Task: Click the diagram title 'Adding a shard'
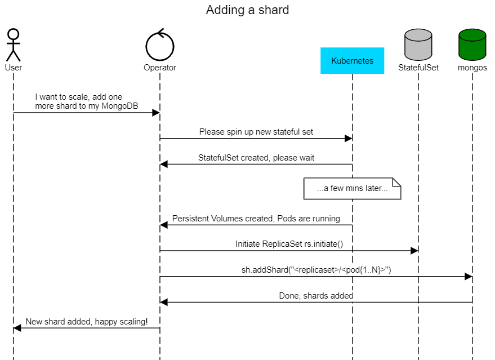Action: pos(247,10)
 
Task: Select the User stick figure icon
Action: pos(13,45)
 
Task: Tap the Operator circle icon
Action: pos(160,45)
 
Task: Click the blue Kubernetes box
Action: pos(352,61)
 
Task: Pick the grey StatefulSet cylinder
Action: pos(418,45)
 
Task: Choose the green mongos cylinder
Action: pos(472,45)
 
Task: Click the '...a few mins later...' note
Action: pos(352,189)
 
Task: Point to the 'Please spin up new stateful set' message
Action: pos(256,132)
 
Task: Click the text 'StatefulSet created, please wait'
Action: pos(256,158)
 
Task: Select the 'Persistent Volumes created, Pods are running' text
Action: pos(256,219)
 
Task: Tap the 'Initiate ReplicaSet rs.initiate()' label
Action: pos(289,244)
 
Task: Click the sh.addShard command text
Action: pos(316,270)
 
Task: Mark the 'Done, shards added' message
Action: pos(316,296)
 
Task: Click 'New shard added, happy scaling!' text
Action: pos(87,322)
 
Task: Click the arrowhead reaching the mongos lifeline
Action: pos(468,277)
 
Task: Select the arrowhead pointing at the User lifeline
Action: pos(17,328)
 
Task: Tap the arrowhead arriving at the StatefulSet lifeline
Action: pos(414,251)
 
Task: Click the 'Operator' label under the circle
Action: pos(160,68)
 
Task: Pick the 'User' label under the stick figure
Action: pos(13,68)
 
